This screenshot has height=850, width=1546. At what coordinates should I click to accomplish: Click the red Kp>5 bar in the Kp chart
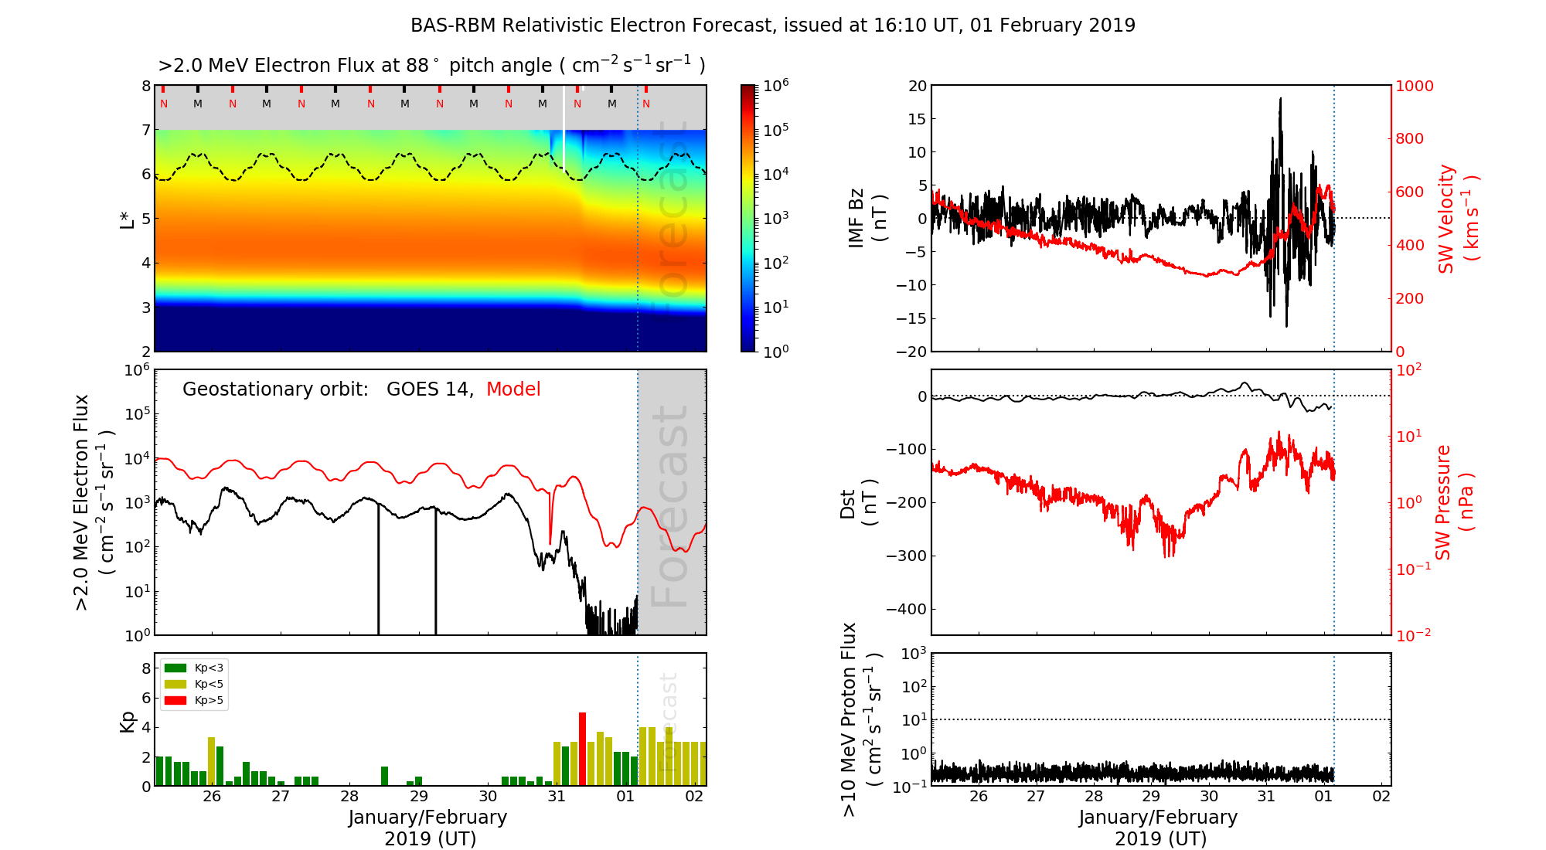[582, 749]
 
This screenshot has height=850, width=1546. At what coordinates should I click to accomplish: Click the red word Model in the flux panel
[513, 389]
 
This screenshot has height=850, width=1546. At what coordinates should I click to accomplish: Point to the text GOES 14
[428, 389]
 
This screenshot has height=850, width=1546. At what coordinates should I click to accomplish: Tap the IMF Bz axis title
[867, 219]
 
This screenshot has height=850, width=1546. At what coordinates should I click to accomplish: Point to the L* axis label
[127, 218]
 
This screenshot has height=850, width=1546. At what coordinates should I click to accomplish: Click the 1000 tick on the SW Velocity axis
[1414, 86]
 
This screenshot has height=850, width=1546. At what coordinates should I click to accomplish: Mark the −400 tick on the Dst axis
[906, 609]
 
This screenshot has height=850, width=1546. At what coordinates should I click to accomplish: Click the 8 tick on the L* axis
[145, 86]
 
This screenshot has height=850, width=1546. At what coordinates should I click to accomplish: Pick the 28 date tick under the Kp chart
[349, 797]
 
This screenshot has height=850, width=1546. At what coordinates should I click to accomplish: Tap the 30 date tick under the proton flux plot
[1209, 797]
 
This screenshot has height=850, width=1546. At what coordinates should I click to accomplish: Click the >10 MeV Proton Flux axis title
[860, 719]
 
